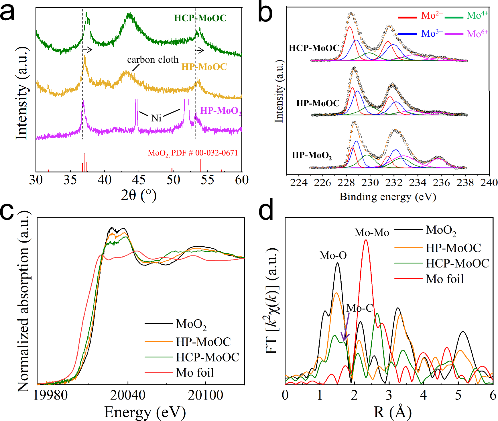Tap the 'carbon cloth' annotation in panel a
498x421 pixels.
153,60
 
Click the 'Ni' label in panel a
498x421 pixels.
156,118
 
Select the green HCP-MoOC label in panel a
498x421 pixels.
200,18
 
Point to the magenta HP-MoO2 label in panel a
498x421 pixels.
221,111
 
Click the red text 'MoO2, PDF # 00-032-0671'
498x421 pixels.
193,153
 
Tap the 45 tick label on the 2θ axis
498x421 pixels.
139,180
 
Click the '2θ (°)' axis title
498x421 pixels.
139,195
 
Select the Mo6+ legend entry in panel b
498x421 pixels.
477,34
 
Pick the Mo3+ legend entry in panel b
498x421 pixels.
432,34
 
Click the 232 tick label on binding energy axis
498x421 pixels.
394,182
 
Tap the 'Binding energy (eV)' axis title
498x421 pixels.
388,197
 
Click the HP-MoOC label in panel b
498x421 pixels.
318,103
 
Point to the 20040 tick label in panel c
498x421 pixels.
128,395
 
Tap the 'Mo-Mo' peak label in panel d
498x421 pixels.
372,233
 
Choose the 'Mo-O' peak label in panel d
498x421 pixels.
333,255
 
